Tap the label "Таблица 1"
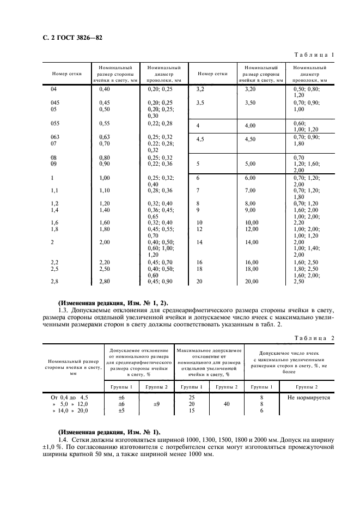pyautogui.click(x=314, y=55)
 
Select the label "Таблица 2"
pyautogui.click(x=314, y=338)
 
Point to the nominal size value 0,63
pyautogui.click(x=104, y=137)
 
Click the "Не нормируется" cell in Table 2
pyautogui.click(x=308, y=398)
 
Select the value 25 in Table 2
pyautogui.click(x=191, y=398)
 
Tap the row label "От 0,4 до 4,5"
pyautogui.click(x=70, y=398)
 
